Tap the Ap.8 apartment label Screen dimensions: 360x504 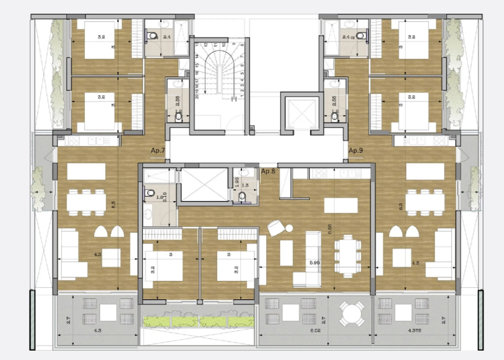[x=268, y=172]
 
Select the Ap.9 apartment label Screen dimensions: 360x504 [x=356, y=151]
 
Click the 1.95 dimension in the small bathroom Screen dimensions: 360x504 [x=236, y=181]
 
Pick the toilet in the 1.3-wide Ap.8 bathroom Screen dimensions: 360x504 [x=244, y=197]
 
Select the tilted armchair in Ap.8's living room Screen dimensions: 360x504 [x=275, y=229]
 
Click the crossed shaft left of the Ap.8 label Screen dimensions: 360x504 [x=204, y=184]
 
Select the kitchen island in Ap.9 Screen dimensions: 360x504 [x=425, y=171]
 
